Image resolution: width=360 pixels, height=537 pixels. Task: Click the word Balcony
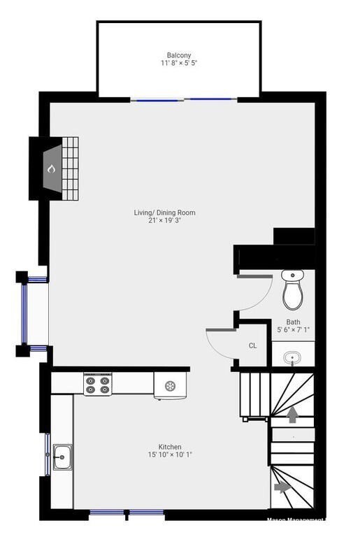click(x=179, y=55)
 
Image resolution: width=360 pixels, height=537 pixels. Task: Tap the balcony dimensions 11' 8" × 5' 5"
click(x=179, y=63)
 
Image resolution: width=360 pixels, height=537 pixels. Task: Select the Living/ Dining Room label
click(x=165, y=213)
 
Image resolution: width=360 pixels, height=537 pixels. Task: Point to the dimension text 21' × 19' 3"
click(x=165, y=220)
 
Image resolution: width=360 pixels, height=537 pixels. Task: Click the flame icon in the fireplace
click(x=50, y=169)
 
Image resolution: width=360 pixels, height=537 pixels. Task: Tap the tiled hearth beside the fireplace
click(x=70, y=167)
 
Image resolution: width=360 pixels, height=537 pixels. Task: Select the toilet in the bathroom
click(x=292, y=290)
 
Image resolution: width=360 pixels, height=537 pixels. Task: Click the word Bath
click(x=293, y=322)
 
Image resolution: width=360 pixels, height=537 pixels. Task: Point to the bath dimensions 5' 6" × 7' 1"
click(x=293, y=330)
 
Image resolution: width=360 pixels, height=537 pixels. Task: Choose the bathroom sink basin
click(x=292, y=358)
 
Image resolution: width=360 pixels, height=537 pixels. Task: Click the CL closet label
click(x=252, y=345)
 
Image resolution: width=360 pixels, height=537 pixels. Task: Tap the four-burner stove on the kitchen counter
click(x=98, y=385)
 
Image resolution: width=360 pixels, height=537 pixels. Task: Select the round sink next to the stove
click(x=171, y=385)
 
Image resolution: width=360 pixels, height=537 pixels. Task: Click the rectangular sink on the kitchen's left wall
click(x=62, y=457)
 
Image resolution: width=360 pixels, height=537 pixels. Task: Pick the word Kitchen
click(x=170, y=447)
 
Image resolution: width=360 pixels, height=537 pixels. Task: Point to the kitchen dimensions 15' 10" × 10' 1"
click(x=170, y=454)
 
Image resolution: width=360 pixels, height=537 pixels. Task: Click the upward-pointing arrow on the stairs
click(x=292, y=415)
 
